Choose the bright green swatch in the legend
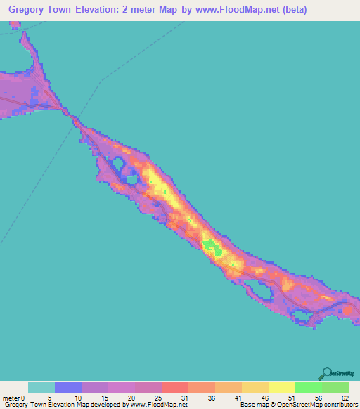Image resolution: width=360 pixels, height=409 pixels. click(308, 387)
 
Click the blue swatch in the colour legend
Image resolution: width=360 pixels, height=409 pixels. click(68, 387)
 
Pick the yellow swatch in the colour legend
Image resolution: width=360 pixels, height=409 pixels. click(281, 387)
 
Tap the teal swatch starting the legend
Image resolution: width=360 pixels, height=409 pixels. click(41, 387)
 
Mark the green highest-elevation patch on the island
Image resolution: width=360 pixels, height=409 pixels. click(209, 245)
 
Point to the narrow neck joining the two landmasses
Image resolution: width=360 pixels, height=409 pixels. click(72, 118)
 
